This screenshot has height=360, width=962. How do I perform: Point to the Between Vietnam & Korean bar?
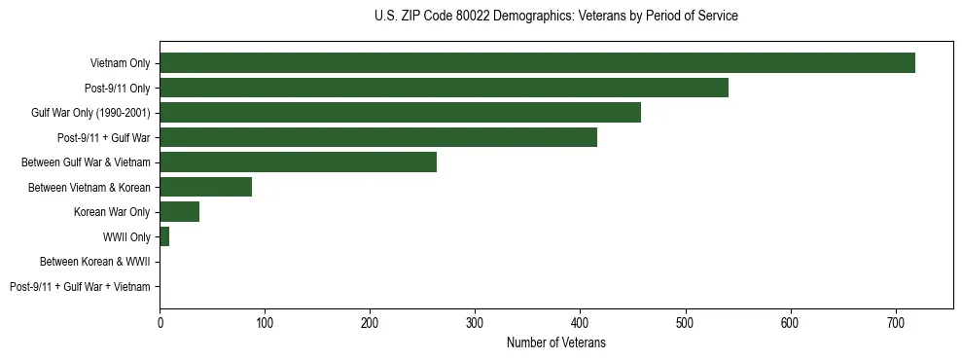tap(205, 187)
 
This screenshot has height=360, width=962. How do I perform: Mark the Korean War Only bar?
tap(179, 211)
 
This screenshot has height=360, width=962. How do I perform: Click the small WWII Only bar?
tap(164, 236)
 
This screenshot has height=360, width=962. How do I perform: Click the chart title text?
tap(555, 17)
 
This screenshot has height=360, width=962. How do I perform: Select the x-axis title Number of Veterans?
tap(555, 342)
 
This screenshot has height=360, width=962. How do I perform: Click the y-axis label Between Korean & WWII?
tap(94, 262)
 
